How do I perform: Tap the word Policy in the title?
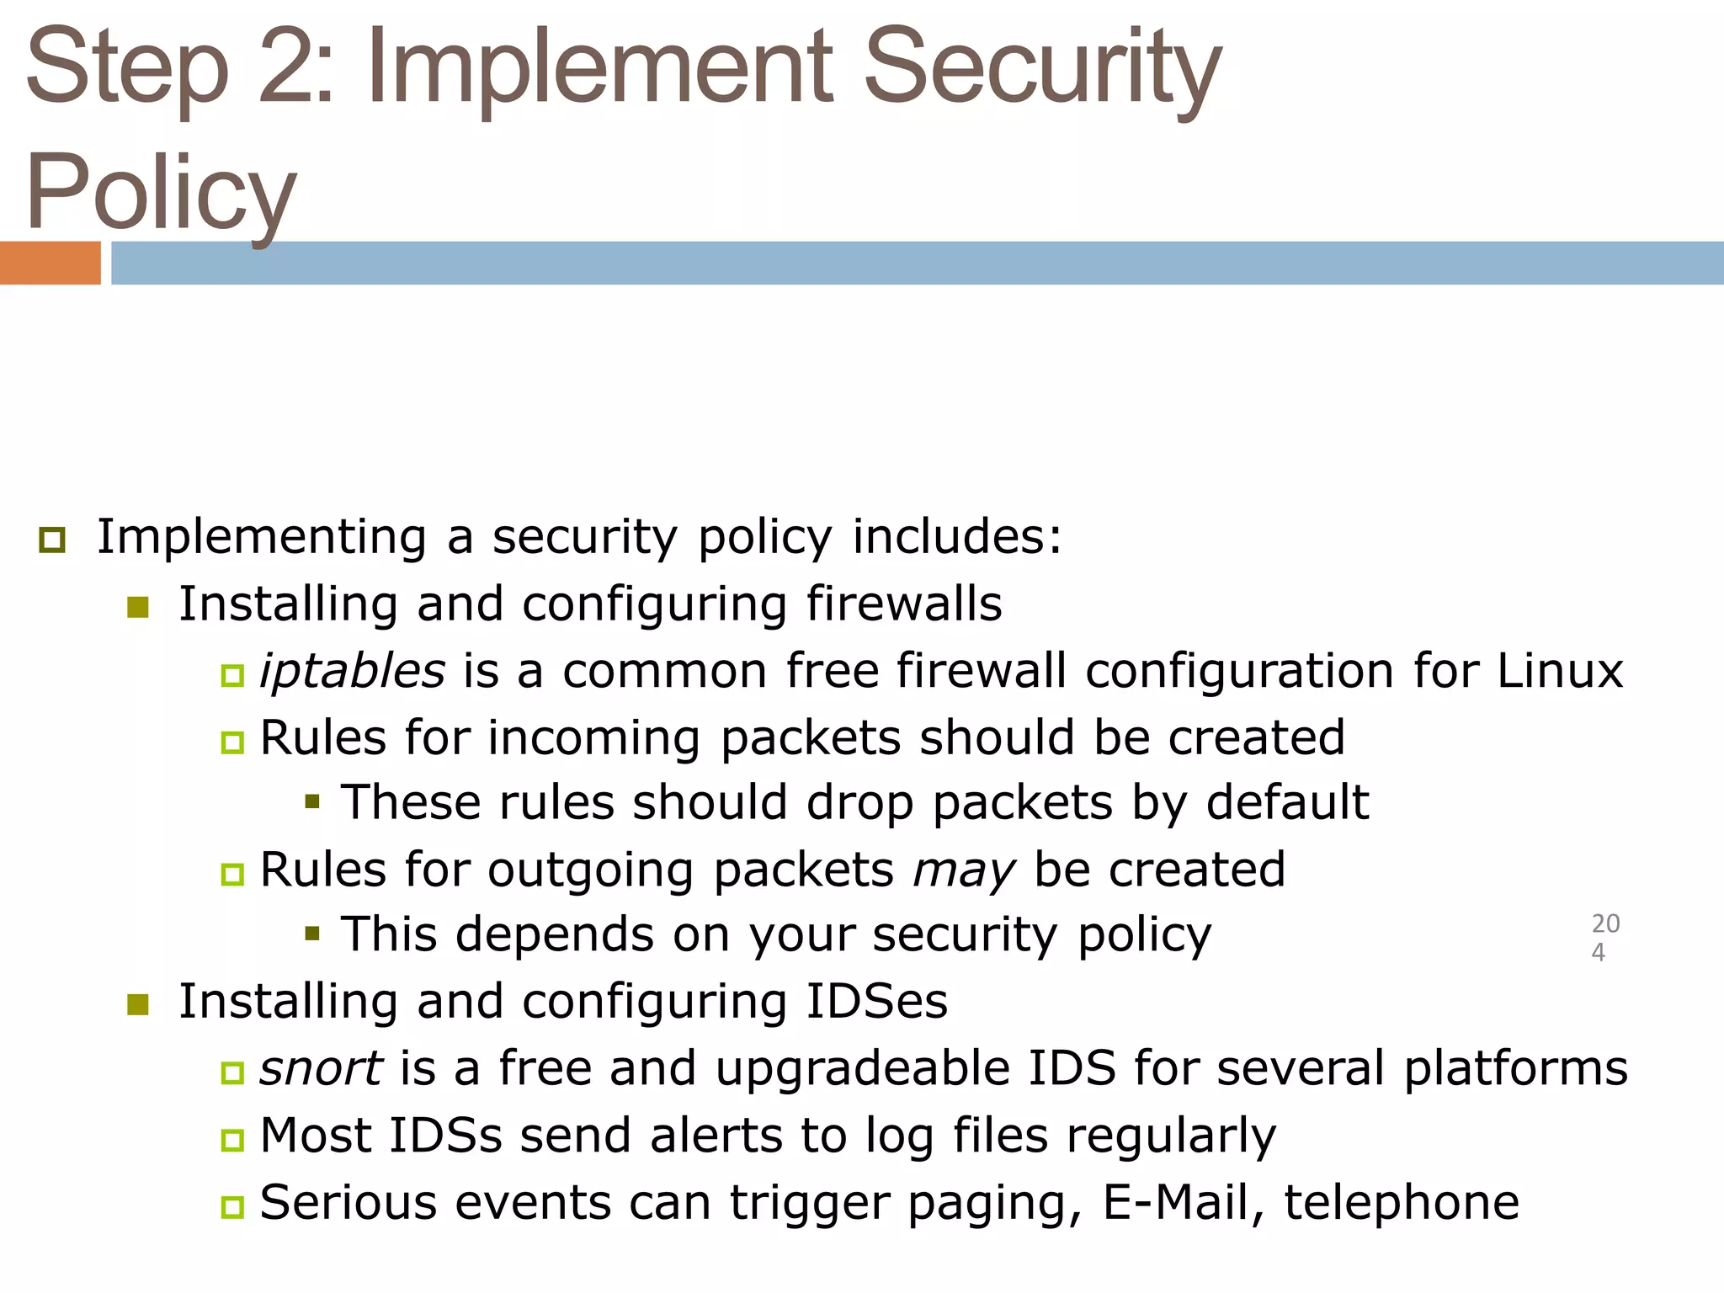(160, 192)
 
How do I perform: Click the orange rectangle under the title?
(50, 263)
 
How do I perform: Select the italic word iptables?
(352, 671)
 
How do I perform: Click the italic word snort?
(321, 1068)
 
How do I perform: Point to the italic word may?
(963, 870)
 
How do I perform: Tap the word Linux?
(1559, 671)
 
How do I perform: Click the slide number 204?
(1604, 938)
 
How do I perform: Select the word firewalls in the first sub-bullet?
(904, 604)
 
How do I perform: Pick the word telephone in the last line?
(1402, 1201)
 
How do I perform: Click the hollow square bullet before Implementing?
(52, 540)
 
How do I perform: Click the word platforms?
(1515, 1068)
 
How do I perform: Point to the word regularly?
(1171, 1136)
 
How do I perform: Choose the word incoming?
(593, 738)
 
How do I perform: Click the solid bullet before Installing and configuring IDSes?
(138, 1004)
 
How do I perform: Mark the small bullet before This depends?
(312, 933)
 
